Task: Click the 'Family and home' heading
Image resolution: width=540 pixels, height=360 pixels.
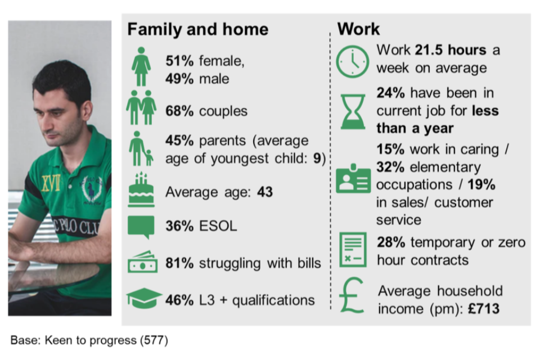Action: click(197, 30)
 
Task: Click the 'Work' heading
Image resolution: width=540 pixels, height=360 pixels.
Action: click(358, 29)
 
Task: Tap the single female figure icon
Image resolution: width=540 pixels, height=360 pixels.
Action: click(141, 66)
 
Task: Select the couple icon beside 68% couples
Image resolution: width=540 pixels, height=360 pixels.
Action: click(141, 107)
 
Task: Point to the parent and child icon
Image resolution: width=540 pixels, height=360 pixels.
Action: click(141, 148)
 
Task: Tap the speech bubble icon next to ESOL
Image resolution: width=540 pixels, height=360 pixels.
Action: click(141, 227)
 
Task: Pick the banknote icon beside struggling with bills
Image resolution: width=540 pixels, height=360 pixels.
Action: click(142, 262)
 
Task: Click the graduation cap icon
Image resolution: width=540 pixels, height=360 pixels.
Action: click(144, 298)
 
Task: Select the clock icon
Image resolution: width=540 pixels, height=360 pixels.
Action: click(352, 61)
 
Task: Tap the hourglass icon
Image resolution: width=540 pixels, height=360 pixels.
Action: click(353, 111)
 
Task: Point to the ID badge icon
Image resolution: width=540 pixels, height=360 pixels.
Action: click(353, 178)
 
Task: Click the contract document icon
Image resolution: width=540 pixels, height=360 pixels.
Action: click(353, 249)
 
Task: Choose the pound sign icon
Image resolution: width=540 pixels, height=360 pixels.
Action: click(352, 295)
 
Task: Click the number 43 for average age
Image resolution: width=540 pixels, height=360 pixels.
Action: click(265, 192)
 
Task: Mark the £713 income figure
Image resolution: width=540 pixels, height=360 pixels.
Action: click(484, 309)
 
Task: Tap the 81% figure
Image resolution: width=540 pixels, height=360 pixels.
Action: click(179, 263)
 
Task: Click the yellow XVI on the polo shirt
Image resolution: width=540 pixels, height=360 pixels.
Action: click(51, 183)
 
